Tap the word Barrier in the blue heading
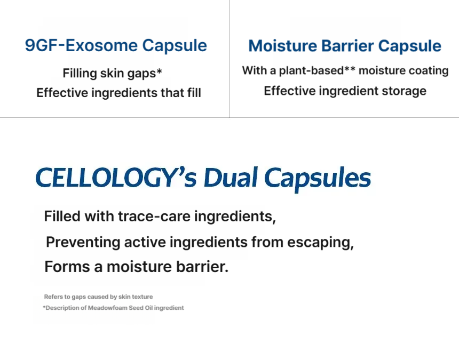347,46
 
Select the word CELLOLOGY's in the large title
116,177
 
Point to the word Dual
231,177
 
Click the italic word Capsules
318,178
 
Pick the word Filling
80,74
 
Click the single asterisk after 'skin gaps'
159,71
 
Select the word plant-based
311,71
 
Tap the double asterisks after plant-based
350,68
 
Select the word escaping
320,243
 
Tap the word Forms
67,267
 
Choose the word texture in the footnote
143,297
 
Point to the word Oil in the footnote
149,308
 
